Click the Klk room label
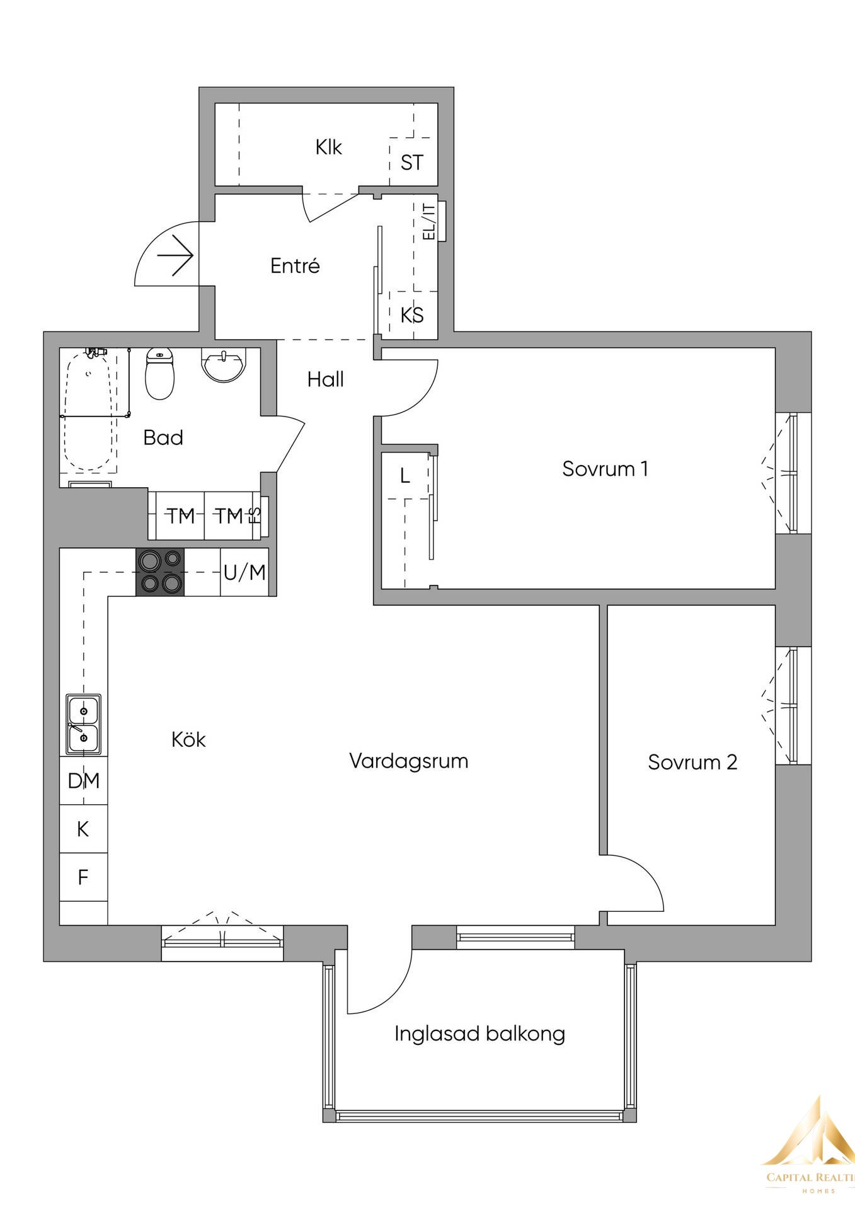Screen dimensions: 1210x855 tap(328, 147)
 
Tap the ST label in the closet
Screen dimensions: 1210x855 tap(412, 163)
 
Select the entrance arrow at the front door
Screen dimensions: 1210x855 tap(176, 255)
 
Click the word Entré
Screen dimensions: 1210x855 tap(295, 266)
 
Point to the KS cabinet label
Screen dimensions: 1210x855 tap(412, 315)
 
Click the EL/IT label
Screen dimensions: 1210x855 tap(430, 221)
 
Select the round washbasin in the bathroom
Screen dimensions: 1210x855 tap(223, 366)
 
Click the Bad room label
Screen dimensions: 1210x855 tap(163, 437)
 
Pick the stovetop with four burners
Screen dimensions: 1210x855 tap(161, 572)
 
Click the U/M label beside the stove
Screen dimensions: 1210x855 tap(244, 573)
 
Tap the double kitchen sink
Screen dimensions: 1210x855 tap(84, 724)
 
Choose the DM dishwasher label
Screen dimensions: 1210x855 tap(84, 781)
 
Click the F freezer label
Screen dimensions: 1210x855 tap(83, 877)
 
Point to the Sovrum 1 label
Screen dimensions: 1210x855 tap(605, 469)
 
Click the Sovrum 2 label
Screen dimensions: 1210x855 tap(692, 763)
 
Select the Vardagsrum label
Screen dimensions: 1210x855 tap(408, 761)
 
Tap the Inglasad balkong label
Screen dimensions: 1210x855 tap(479, 1034)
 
